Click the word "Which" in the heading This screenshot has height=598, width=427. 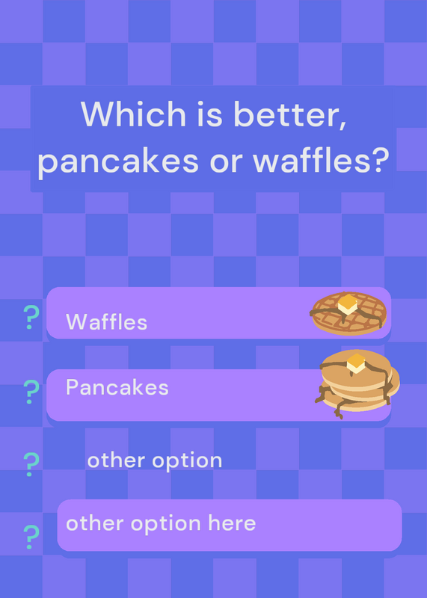(x=133, y=114)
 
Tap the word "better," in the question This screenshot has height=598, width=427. (x=290, y=115)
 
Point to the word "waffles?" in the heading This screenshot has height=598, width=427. (x=321, y=159)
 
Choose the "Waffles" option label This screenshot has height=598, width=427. (x=106, y=322)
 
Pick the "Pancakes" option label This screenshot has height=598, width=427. (x=117, y=387)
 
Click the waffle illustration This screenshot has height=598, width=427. (x=348, y=313)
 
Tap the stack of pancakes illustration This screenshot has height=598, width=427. (x=357, y=383)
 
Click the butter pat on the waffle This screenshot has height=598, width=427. (x=347, y=304)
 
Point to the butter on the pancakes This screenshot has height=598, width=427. (x=356, y=363)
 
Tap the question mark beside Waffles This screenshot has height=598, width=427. (x=31, y=317)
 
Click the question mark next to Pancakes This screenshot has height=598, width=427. (x=31, y=392)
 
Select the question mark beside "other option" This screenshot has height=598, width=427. (x=31, y=464)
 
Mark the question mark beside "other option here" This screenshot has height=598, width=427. (x=31, y=537)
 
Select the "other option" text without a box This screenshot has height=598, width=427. (x=155, y=460)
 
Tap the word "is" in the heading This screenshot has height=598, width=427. (x=209, y=114)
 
